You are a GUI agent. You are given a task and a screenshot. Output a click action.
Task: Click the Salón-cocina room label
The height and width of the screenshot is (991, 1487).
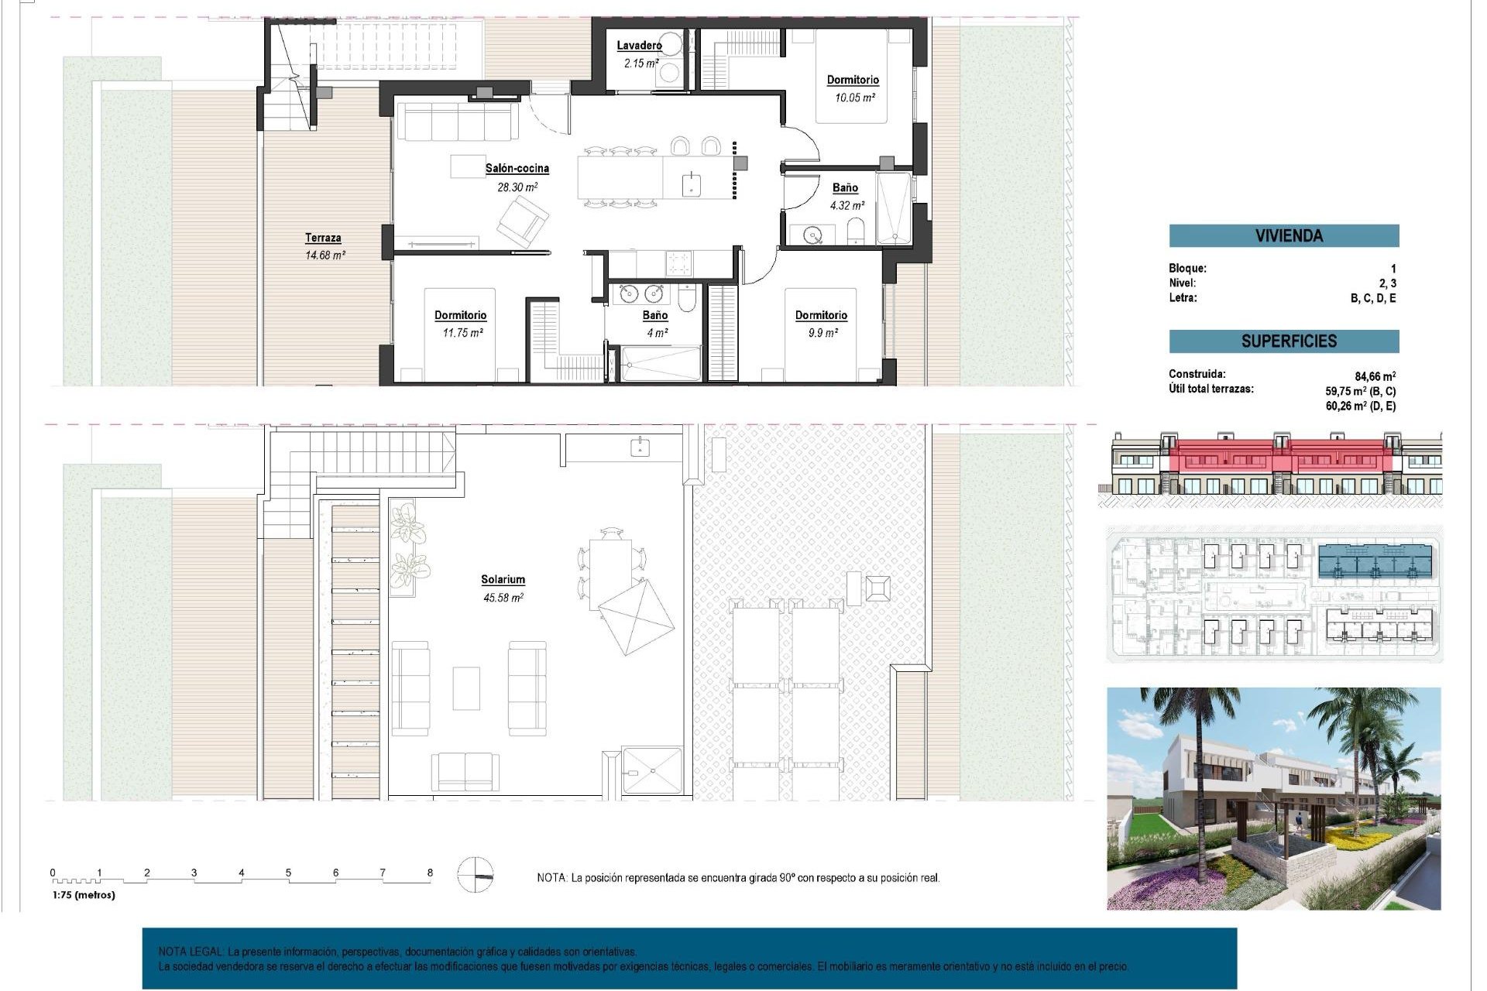pyautogui.click(x=517, y=168)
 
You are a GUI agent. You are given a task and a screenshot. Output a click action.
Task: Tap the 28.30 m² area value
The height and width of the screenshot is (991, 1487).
pyautogui.click(x=517, y=187)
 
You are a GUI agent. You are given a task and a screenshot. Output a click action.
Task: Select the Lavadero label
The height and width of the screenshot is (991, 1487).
pyautogui.click(x=639, y=46)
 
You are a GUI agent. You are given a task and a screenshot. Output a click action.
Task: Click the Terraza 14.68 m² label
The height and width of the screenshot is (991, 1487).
pyautogui.click(x=324, y=246)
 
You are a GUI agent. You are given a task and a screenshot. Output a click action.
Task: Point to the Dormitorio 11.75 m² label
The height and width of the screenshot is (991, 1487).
pyautogui.click(x=460, y=324)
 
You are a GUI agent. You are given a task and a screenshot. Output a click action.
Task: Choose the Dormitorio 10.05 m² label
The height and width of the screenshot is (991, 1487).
pyautogui.click(x=853, y=88)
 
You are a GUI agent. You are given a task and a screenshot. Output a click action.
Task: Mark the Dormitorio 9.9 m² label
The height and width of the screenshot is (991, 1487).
pyautogui.click(x=821, y=324)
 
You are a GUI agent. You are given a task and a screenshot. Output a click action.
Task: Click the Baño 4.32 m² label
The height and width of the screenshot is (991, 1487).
pyautogui.click(x=846, y=197)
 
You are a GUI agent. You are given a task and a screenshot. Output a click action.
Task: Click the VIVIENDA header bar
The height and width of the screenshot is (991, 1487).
pyautogui.click(x=1283, y=235)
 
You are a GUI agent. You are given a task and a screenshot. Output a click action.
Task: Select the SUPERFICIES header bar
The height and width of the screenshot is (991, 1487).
pyautogui.click(x=1283, y=341)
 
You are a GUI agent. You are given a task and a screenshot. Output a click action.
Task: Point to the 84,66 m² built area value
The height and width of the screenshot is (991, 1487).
pyautogui.click(x=1375, y=377)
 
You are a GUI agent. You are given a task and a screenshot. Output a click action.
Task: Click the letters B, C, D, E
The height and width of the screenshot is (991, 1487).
pyautogui.click(x=1372, y=298)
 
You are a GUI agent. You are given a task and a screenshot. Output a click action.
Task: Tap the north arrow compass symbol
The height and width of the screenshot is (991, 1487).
pyautogui.click(x=475, y=876)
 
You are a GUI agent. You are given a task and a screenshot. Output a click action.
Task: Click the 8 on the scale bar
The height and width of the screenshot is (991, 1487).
pyautogui.click(x=430, y=873)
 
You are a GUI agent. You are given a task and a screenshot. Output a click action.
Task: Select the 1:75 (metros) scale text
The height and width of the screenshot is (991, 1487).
pyautogui.click(x=84, y=895)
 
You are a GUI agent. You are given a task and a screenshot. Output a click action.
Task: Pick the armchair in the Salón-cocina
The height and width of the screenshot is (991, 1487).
pyautogui.click(x=522, y=221)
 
